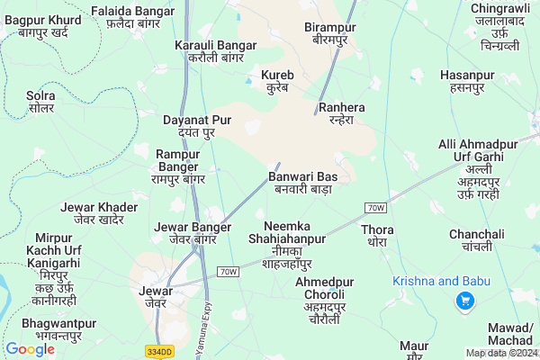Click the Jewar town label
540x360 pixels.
click(x=156, y=297)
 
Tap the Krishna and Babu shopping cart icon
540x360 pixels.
click(x=465, y=301)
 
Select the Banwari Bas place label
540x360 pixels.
click(x=301, y=183)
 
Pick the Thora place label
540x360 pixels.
click(x=376, y=236)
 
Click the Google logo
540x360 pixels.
click(x=30, y=349)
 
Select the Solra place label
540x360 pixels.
click(x=40, y=101)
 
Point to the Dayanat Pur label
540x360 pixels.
click(x=197, y=126)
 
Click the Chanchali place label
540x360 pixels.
click(x=477, y=240)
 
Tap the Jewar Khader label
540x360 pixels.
click(x=99, y=213)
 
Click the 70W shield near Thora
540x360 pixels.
click(x=376, y=208)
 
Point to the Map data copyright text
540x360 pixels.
click(x=501, y=353)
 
